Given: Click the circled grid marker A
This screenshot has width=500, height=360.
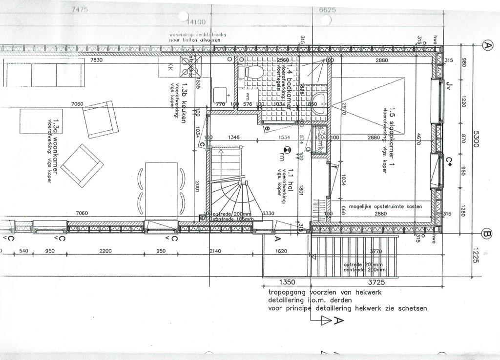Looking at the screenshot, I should pyautogui.click(x=487, y=45).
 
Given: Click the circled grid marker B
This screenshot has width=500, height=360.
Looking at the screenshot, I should pyautogui.click(x=487, y=234).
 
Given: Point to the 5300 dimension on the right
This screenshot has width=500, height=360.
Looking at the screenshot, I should pyautogui.click(x=476, y=140).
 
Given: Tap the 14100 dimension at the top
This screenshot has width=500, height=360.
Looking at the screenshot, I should pyautogui.click(x=196, y=22).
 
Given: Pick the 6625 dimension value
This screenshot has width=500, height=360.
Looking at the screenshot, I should pyautogui.click(x=328, y=10).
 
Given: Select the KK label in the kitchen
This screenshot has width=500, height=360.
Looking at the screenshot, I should pyautogui.click(x=171, y=66).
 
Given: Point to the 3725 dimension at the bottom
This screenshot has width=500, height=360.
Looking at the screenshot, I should pyautogui.click(x=376, y=282).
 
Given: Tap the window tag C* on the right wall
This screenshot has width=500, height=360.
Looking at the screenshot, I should pyautogui.click(x=450, y=161).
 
